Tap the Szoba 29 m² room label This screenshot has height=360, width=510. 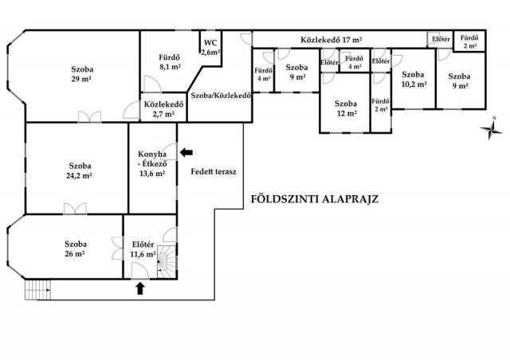click(80, 73)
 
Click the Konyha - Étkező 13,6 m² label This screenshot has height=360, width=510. click(151, 163)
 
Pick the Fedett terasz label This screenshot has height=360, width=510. click(211, 171)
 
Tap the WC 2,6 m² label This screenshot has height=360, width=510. click(210, 47)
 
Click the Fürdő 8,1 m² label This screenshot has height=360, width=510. click(168, 61)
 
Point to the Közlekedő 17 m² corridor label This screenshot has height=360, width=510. click(331, 39)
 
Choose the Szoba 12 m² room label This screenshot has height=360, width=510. click(345, 108)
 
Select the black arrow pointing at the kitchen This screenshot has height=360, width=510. click(186, 151)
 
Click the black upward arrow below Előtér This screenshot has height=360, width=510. click(141, 288)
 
